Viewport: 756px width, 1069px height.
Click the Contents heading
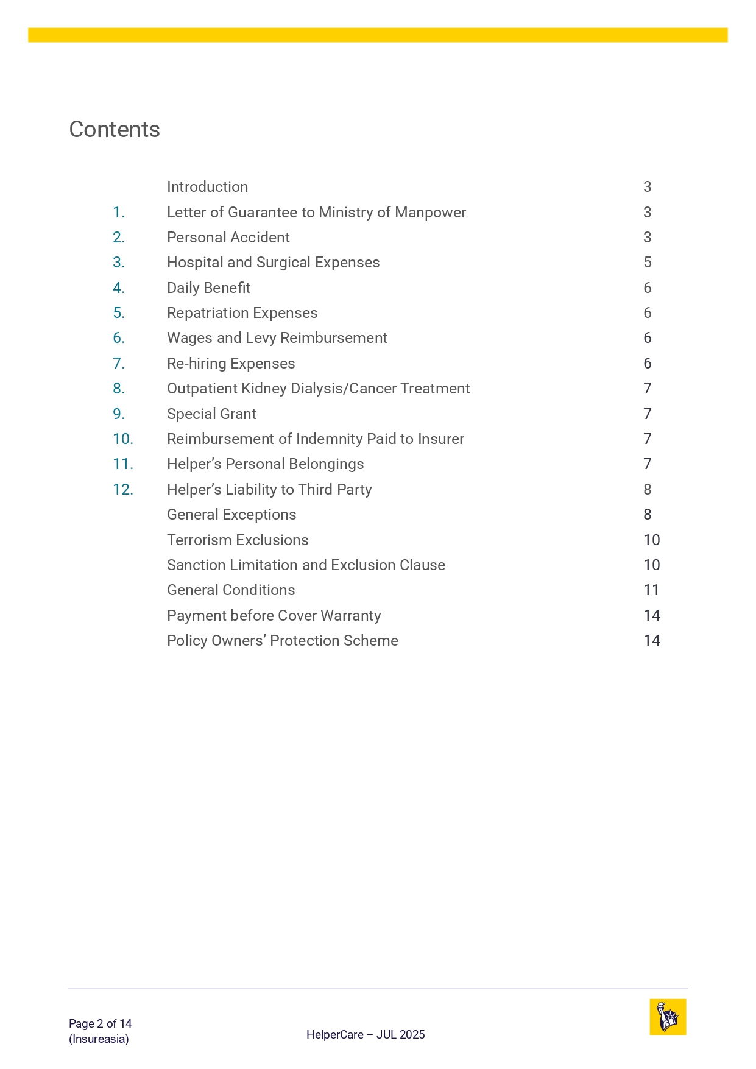pyautogui.click(x=115, y=130)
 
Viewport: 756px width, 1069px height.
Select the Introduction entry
pyautogui.click(x=207, y=187)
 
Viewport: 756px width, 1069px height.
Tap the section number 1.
pyautogui.click(x=119, y=213)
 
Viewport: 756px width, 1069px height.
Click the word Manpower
pyautogui.click(x=430, y=213)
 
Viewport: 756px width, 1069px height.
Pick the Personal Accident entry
pyautogui.click(x=228, y=238)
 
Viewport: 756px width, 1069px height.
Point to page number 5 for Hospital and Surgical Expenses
pyautogui.click(x=647, y=263)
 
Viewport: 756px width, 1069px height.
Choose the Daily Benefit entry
pyautogui.click(x=208, y=288)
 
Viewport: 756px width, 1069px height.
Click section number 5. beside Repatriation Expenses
pyautogui.click(x=119, y=313)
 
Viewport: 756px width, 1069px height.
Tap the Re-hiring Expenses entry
pyautogui.click(x=231, y=364)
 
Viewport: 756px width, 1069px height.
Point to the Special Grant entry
pyautogui.click(x=211, y=414)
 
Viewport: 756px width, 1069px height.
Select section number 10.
pyautogui.click(x=123, y=439)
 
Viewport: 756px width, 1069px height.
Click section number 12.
pyautogui.click(x=123, y=490)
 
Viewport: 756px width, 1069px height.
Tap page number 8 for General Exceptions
pyautogui.click(x=647, y=515)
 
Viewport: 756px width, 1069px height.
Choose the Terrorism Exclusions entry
pyautogui.click(x=238, y=540)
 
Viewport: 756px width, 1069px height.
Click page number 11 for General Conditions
pyautogui.click(x=651, y=590)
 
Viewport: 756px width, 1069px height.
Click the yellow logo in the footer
pyautogui.click(x=668, y=1017)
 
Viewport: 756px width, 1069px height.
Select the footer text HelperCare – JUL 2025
pyautogui.click(x=366, y=1034)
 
